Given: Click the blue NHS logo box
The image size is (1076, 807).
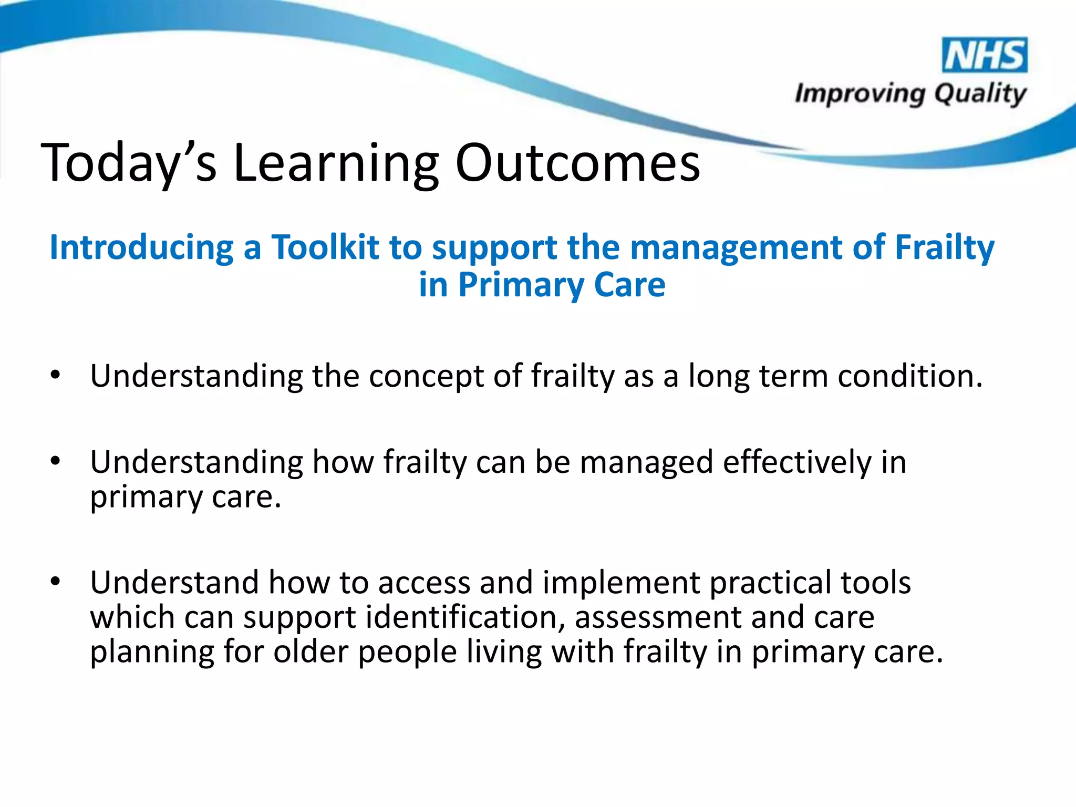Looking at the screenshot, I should tap(985, 55).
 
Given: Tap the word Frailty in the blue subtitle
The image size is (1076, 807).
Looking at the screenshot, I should tap(944, 248).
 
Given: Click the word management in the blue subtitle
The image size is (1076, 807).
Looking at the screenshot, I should tap(736, 248).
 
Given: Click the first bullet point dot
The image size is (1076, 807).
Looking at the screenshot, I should tap(56, 375).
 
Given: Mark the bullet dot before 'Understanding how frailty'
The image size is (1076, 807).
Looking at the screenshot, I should tap(56, 461).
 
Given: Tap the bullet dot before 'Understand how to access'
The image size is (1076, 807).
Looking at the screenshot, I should tap(56, 581).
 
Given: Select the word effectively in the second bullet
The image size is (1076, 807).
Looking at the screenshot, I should tap(796, 462).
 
